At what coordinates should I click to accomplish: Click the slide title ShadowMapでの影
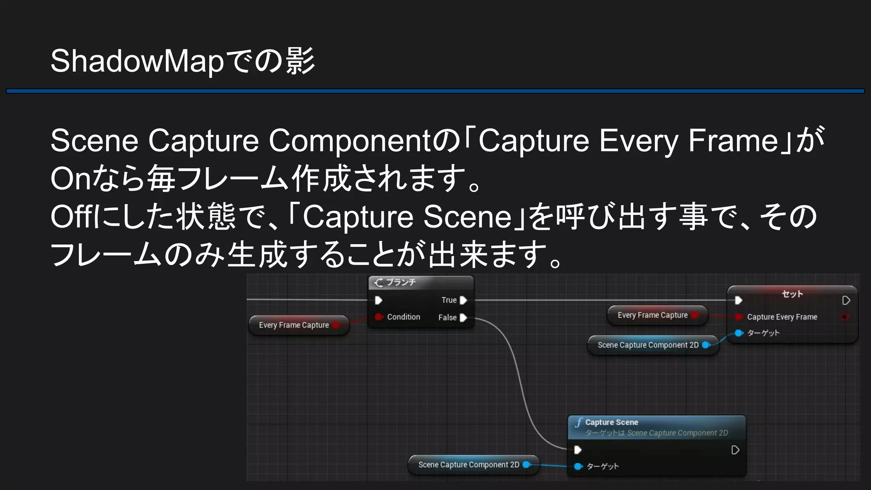182,61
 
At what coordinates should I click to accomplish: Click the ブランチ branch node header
400,282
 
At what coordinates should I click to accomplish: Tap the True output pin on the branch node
464,300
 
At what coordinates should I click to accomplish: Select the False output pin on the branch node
464,318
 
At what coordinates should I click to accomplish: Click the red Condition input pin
379,317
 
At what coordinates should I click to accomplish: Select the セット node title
792,294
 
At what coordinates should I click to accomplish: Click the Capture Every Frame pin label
782,317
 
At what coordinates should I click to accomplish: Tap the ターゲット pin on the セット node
739,333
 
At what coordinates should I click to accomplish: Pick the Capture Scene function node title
612,422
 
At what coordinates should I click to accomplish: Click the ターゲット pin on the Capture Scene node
578,467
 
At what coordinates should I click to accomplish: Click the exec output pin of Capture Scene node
735,450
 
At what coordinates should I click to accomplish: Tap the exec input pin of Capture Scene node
578,450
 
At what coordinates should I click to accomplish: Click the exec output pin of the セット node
846,301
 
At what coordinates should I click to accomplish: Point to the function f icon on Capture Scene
578,422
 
